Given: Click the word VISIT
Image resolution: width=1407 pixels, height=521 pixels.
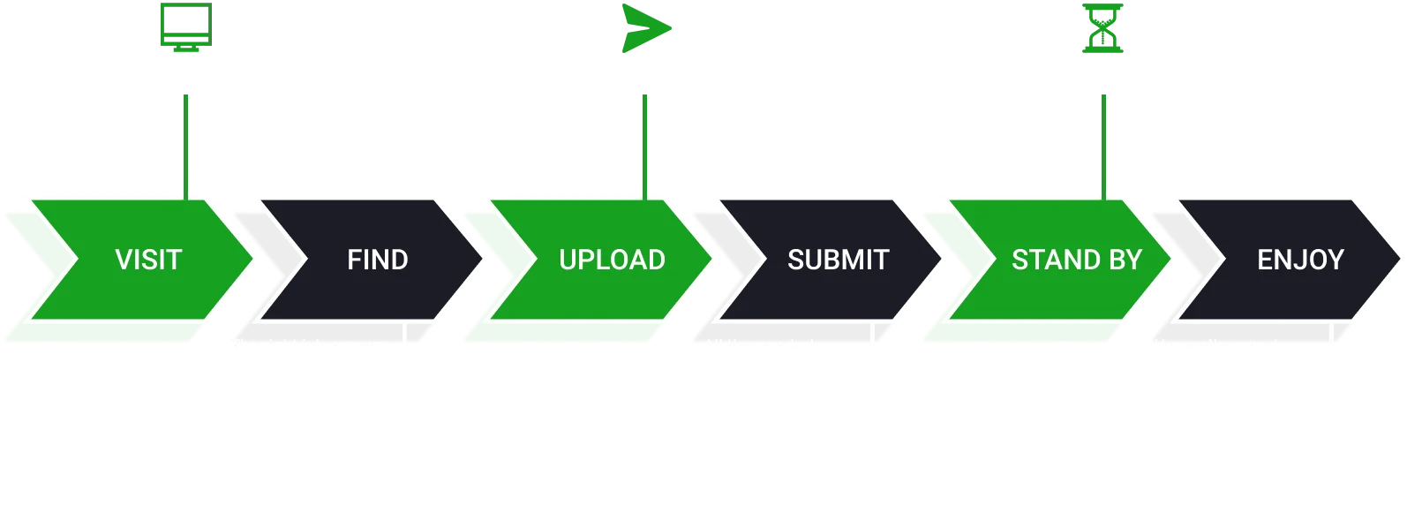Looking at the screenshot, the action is point(148,260).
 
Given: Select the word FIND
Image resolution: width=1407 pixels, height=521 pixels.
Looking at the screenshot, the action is point(378,260).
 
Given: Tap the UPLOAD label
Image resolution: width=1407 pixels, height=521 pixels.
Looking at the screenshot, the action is point(612,260).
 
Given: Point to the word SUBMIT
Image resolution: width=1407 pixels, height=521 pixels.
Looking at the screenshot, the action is point(839,260).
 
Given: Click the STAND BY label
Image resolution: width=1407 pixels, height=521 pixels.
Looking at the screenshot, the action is point(1077,260).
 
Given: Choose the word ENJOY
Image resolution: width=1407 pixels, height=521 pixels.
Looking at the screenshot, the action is point(1300,260).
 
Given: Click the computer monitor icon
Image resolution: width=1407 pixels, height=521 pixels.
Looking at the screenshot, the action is point(186,27).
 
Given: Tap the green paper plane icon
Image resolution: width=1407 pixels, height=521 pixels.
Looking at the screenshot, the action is point(646,28).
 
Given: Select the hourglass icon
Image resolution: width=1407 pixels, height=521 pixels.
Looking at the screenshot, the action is point(1102,28).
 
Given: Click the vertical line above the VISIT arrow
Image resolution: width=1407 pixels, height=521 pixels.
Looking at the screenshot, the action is point(186,147).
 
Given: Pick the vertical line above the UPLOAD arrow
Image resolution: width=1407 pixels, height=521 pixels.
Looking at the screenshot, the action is point(644,147).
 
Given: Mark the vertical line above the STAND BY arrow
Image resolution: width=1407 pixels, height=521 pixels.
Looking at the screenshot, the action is point(1103,147).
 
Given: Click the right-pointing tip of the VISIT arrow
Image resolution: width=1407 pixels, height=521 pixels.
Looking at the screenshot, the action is point(252,259).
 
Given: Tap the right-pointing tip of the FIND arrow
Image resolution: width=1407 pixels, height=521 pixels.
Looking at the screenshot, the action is point(482,259).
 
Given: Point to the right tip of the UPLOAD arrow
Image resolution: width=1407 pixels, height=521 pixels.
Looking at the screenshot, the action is point(711,259).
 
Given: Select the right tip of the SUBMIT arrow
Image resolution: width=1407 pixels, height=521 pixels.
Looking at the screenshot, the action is point(940,259).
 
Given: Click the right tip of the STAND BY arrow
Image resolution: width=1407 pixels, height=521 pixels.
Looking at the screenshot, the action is point(1170,259).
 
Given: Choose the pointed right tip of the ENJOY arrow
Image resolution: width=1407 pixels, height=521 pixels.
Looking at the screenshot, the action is point(1399,259).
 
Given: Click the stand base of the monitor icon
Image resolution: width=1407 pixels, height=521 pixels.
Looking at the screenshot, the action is point(186,49).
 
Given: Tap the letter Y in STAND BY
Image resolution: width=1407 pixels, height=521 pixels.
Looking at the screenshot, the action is point(1133,260).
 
